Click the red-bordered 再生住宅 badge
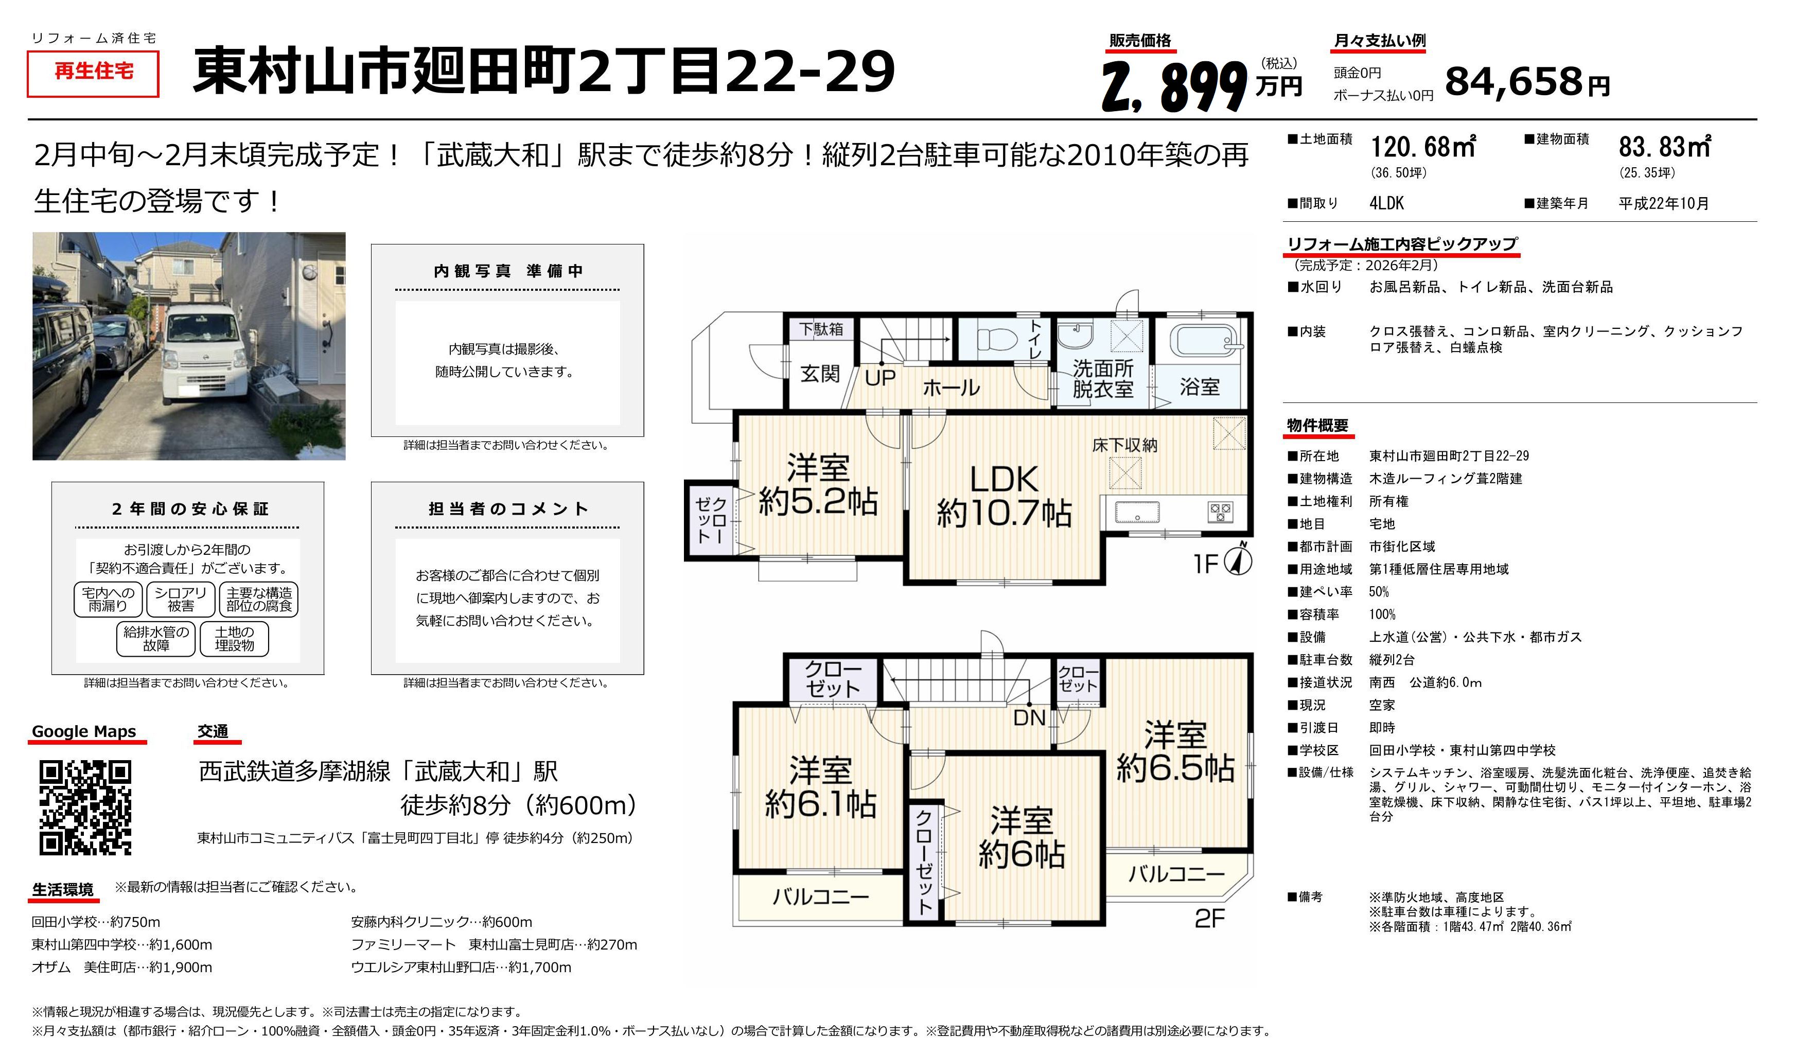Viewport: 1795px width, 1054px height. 93,74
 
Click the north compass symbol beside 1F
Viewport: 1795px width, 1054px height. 1239,560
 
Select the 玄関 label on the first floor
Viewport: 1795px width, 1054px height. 820,374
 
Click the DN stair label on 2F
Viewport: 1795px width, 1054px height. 1029,717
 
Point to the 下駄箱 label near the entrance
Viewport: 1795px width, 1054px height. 821,329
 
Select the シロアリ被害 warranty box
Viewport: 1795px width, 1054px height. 180,599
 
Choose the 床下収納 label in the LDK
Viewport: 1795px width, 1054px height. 1125,445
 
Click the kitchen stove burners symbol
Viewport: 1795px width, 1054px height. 1220,512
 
